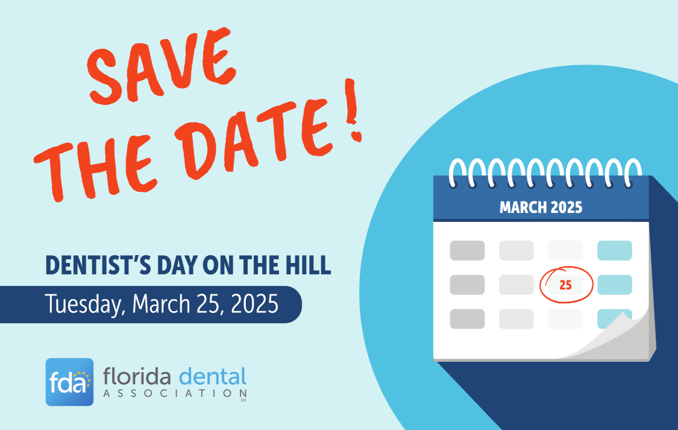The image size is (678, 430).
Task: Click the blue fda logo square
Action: (x=69, y=382)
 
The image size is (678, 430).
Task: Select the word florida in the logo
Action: (x=137, y=378)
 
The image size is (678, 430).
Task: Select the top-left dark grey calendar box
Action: (x=467, y=250)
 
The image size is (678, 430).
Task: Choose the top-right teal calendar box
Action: (x=614, y=250)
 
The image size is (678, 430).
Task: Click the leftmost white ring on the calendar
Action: (x=460, y=172)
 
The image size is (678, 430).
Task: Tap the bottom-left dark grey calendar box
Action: (x=467, y=319)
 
